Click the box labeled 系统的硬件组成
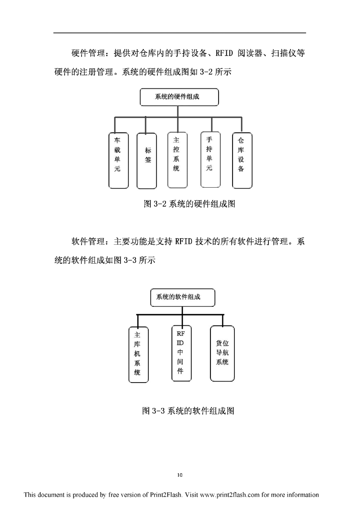pyautogui.click(x=179, y=97)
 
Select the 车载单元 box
pyautogui.click(x=118, y=160)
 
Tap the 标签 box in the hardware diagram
pyautogui.click(x=147, y=160)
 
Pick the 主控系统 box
pyautogui.click(x=177, y=160)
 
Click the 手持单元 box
pyautogui.click(x=210, y=160)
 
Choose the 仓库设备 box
pyautogui.click(x=242, y=160)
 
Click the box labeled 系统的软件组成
pyautogui.click(x=182, y=297)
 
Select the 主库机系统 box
pyautogui.click(x=139, y=354)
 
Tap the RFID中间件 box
pyautogui.click(x=181, y=353)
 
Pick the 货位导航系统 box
pyautogui.click(x=222, y=353)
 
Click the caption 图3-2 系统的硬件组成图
pyautogui.click(x=189, y=204)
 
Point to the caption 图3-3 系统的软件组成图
pyautogui.click(x=188, y=411)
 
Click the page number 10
pyautogui.click(x=180, y=475)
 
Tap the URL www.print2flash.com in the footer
pyautogui.click(x=230, y=494)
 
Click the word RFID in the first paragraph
pyautogui.click(x=224, y=53)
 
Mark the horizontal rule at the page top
pyautogui.click(x=180, y=33)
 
